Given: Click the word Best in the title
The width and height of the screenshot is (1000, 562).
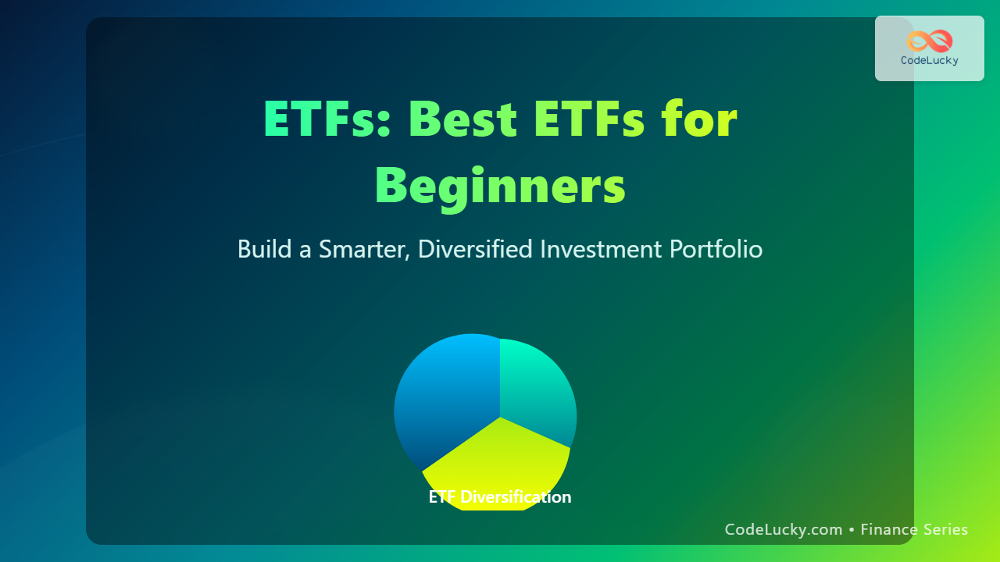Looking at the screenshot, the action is tap(462, 119).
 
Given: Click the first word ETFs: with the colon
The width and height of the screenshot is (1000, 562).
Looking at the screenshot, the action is tap(327, 119).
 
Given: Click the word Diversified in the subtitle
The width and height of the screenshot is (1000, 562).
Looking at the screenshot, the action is tap(475, 248).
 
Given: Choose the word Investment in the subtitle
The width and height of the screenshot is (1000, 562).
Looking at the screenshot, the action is tap(601, 249).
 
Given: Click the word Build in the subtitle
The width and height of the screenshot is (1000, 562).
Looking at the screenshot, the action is tap(264, 248).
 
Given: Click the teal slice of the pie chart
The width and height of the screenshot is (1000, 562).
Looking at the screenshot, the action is tap(536, 388).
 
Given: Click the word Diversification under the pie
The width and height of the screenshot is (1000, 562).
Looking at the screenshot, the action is tap(516, 497).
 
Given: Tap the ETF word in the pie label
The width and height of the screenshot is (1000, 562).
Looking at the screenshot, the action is tap(442, 497).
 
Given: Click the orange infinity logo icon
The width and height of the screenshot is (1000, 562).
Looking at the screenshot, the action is tap(930, 41).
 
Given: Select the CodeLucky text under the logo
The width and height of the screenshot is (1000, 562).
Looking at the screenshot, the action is tap(930, 61).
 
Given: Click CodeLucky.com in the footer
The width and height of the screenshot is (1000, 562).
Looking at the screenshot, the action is tap(784, 529).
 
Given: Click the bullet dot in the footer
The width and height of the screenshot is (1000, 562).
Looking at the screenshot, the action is tap(852, 530).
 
